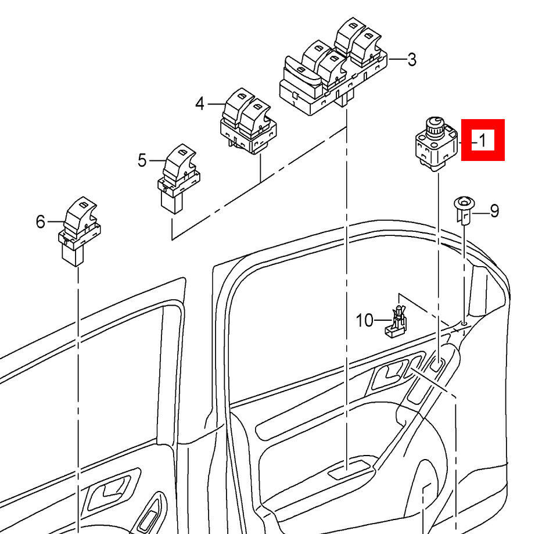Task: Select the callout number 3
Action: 411,59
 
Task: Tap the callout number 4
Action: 200,104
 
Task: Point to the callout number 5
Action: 142,160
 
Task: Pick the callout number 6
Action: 40,221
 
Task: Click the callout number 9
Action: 494,210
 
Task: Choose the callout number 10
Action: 364,320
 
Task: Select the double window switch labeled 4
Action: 248,121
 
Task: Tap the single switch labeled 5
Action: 177,177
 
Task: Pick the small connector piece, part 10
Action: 396,323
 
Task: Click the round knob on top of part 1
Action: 433,123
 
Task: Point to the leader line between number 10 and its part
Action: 382,320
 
